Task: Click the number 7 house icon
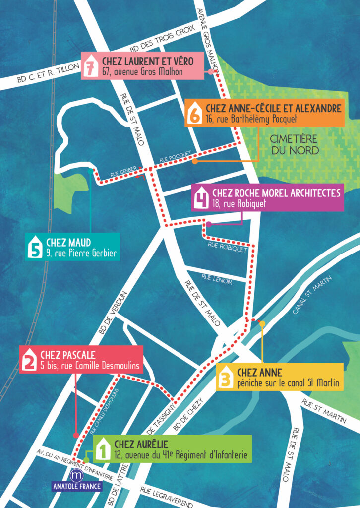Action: [x=90, y=67]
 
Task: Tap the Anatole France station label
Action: [x=77, y=486]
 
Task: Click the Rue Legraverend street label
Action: [x=167, y=497]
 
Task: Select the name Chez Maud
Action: [x=68, y=243]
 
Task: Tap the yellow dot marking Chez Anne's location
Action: [x=262, y=323]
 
